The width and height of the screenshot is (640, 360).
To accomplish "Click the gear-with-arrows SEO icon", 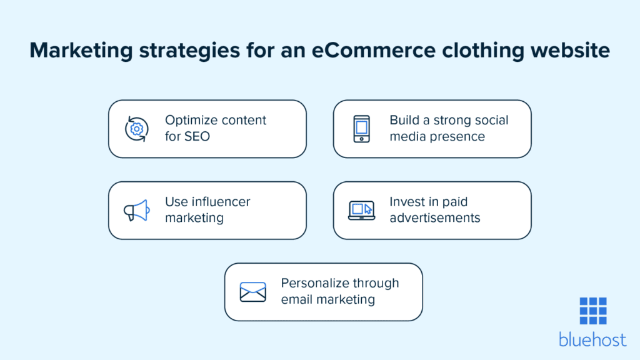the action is click(136, 129).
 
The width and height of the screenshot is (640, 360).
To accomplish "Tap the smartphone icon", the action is click(362, 129).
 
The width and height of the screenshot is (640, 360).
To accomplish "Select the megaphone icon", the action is click(137, 210).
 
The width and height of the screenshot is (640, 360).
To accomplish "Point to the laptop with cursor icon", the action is click(362, 211).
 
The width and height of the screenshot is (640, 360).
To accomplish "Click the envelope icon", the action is click(253, 292).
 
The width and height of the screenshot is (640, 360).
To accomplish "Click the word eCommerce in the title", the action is click(374, 50).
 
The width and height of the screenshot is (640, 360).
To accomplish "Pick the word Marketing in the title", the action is click(81, 51).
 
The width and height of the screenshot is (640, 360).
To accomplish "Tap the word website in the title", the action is click(570, 50).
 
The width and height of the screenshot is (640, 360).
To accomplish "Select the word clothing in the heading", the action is click(483, 51).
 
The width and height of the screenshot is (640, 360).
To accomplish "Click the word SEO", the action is click(197, 136).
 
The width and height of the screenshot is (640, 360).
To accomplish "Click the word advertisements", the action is click(435, 218).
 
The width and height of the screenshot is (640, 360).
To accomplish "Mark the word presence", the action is click(457, 137).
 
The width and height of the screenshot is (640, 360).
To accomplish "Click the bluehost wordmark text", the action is click(592, 339).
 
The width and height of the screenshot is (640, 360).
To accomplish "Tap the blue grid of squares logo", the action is click(593, 311).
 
